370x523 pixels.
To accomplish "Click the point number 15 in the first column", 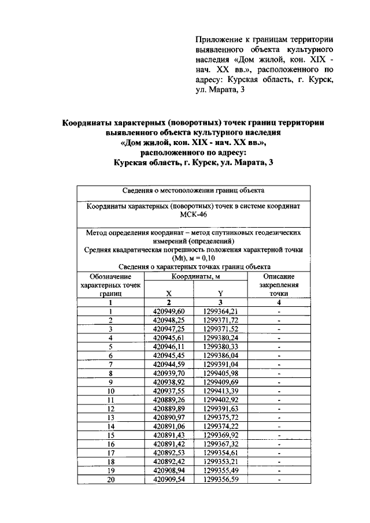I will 110,435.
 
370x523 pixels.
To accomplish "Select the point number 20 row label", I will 110,480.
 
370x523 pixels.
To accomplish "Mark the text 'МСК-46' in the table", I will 194,215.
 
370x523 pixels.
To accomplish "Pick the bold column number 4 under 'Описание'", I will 279,302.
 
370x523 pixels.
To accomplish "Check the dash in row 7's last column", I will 279,364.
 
